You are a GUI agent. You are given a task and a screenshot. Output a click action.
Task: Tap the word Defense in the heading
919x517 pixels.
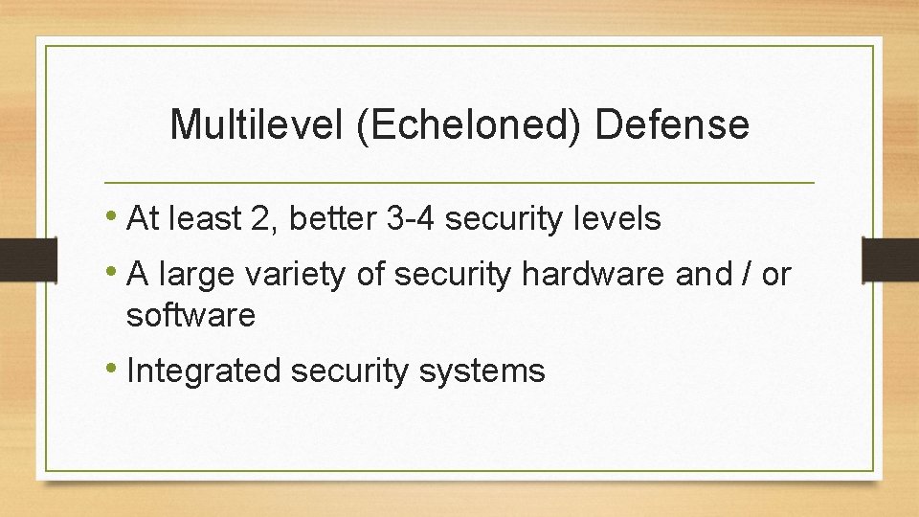point(671,125)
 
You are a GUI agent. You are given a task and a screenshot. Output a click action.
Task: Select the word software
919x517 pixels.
point(191,314)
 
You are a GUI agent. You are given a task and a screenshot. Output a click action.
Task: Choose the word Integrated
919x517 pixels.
point(203,371)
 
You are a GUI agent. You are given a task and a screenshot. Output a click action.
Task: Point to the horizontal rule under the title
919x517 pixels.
point(459,182)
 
